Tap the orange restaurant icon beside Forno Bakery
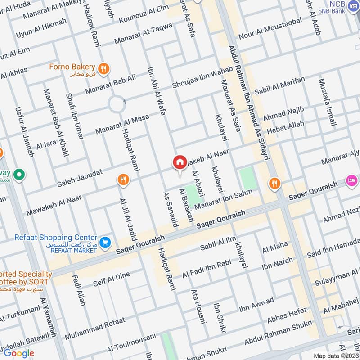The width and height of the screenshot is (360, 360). pos(104,68)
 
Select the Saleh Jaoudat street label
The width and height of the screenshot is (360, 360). pos(80,179)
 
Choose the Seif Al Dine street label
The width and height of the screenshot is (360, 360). pos(111,279)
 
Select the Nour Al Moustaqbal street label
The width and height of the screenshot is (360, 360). pos(276,29)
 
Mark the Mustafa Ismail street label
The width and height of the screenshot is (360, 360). pos(327,103)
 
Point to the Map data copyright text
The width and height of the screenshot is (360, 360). pos(336,355)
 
